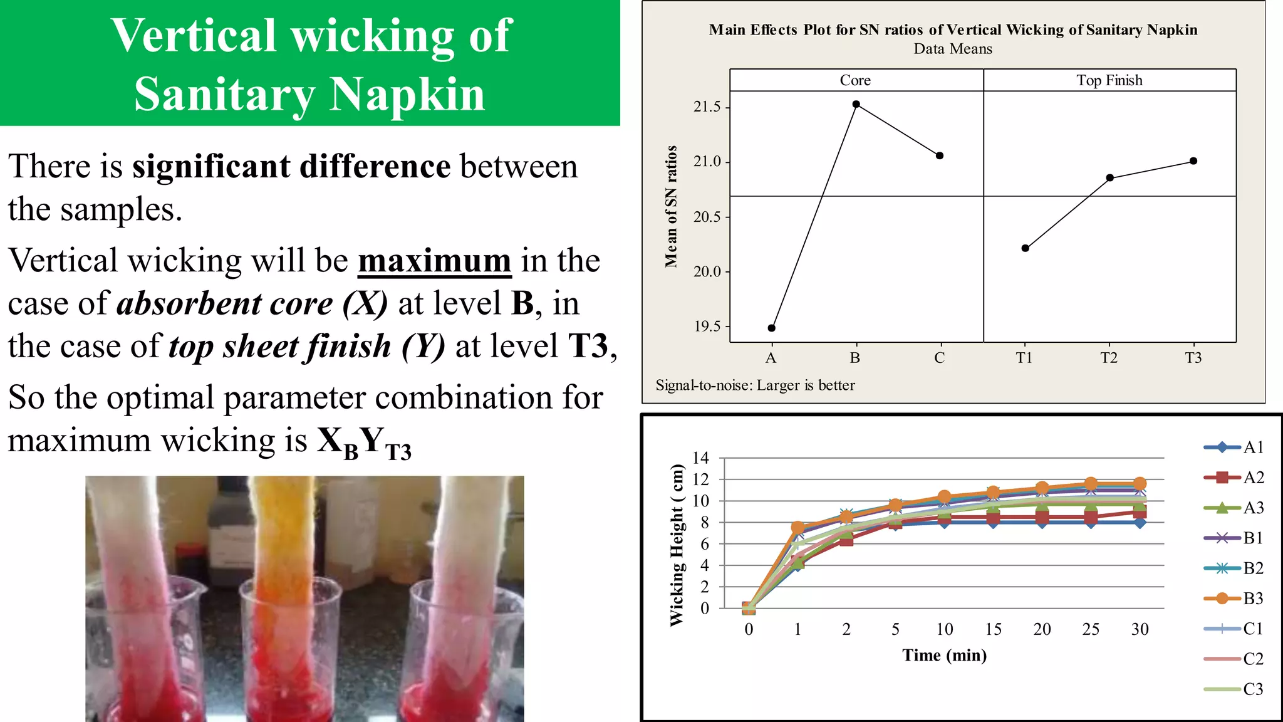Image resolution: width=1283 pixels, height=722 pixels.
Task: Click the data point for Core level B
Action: pos(856,105)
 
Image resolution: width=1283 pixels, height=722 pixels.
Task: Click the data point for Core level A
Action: pos(771,328)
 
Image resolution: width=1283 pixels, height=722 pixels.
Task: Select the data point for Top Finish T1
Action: pos(1025,248)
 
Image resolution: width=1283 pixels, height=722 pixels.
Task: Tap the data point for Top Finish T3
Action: pos(1193,161)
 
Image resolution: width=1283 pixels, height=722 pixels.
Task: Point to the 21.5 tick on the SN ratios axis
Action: pos(707,107)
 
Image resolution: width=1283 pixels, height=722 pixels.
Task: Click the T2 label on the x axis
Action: pos(1108,358)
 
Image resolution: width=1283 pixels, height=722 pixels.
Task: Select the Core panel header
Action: pos(855,80)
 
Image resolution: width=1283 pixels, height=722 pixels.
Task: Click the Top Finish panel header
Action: pos(1109,80)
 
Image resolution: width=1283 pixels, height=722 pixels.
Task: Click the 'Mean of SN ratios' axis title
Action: pos(671,206)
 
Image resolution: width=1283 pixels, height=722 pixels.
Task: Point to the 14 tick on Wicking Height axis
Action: pos(700,458)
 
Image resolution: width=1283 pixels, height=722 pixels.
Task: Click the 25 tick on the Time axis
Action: pos(1090,629)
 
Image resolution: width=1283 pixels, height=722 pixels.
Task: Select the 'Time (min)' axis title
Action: pos(944,656)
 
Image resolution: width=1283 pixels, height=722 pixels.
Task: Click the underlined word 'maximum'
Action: pos(434,261)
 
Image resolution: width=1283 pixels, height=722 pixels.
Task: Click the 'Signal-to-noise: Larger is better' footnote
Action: pos(755,385)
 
